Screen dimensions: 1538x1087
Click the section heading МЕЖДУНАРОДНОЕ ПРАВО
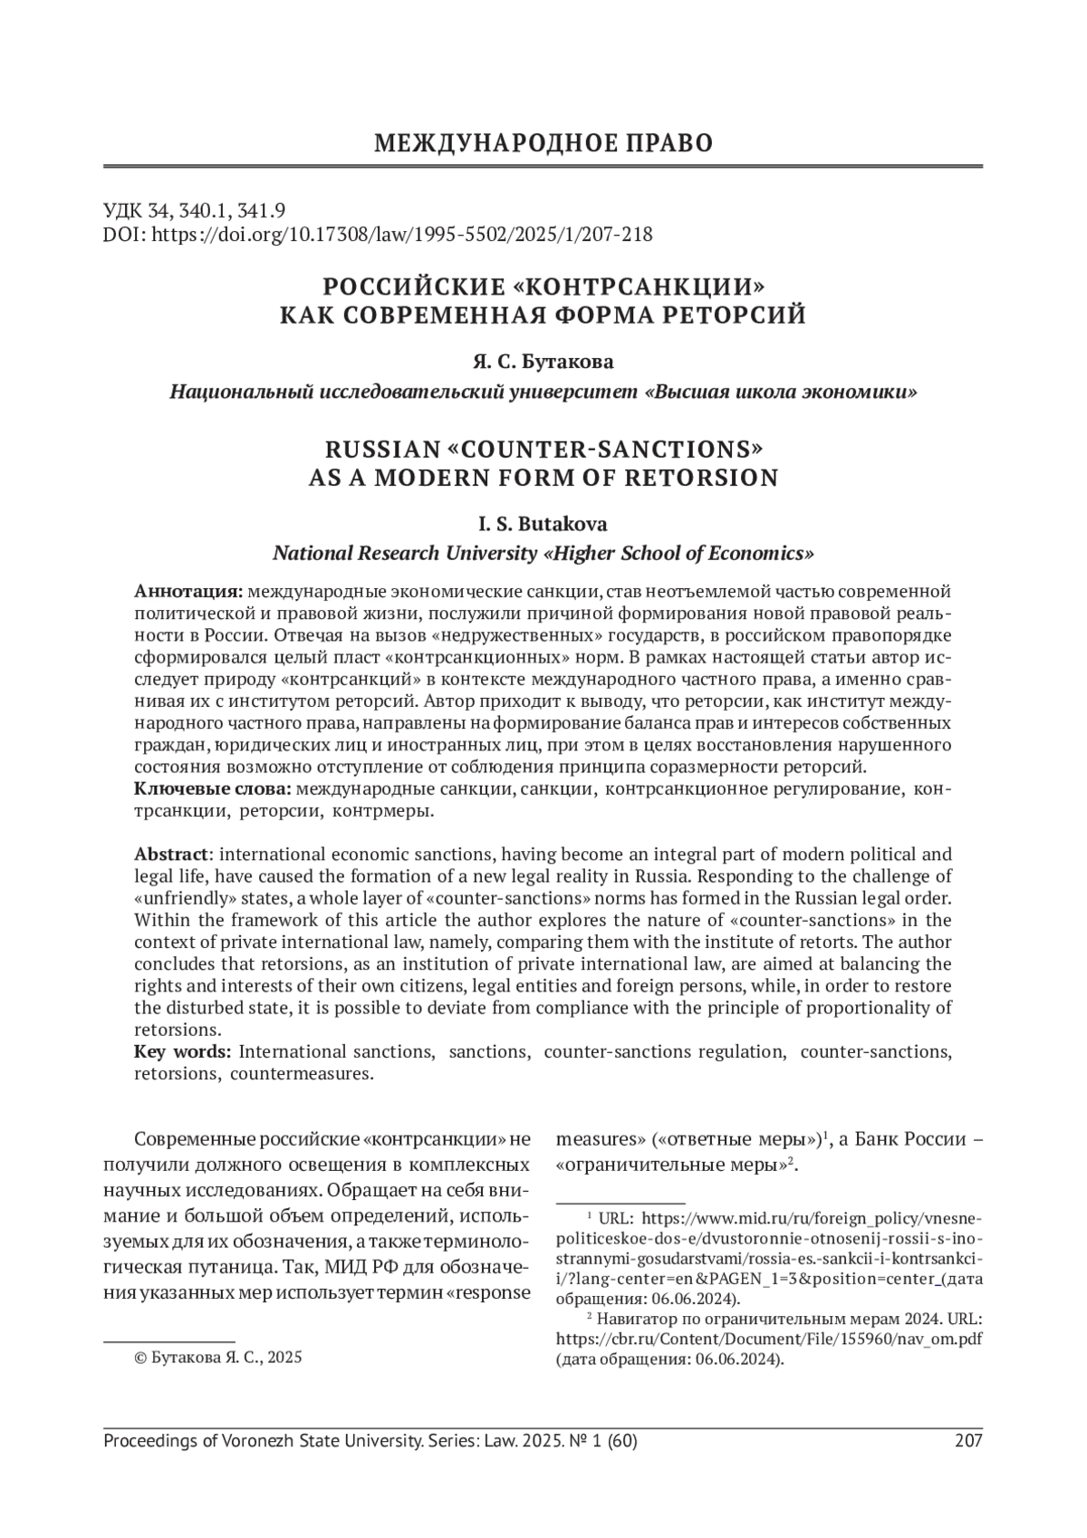click(543, 143)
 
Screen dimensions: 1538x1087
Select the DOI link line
click(378, 235)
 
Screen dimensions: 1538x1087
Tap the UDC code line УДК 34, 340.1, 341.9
click(195, 210)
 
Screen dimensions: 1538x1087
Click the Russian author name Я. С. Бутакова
click(543, 362)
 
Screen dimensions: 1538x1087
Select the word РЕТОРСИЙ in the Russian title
click(736, 315)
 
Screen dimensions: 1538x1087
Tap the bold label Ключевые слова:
click(213, 789)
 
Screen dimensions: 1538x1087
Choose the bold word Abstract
click(172, 855)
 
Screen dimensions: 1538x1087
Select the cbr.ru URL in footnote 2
click(768, 1339)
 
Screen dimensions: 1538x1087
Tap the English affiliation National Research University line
click(543, 553)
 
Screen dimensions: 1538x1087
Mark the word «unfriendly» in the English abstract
click(174, 898)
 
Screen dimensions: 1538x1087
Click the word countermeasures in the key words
click(302, 1074)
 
